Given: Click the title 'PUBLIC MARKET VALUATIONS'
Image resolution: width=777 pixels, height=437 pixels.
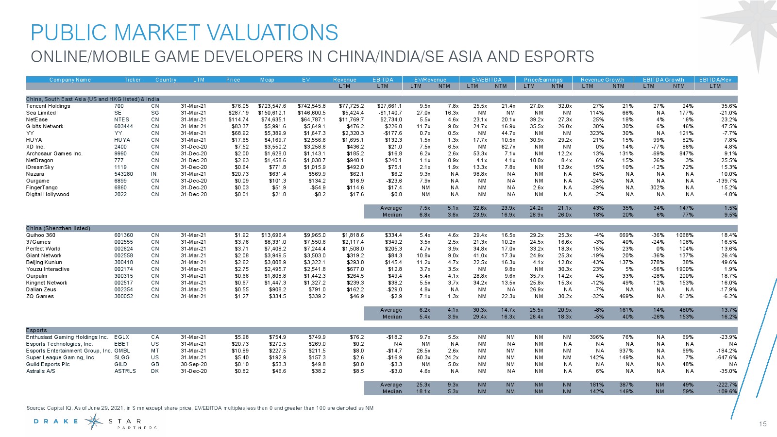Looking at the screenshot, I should coord(184,33).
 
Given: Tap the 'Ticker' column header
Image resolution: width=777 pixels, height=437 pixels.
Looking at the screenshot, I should coord(133,80).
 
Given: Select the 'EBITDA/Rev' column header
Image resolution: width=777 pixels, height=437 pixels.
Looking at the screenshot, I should coord(715,80).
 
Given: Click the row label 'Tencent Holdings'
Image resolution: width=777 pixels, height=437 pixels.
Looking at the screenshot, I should coord(48,106).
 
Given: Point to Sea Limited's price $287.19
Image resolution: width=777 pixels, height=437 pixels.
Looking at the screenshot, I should coord(238,113).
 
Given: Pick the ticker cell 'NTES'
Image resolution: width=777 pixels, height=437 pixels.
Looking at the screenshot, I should coord(121,119).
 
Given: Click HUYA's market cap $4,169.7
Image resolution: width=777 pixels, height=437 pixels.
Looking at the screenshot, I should coord(275,140).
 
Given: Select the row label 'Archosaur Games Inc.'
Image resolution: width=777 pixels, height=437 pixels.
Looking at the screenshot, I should coord(54,153).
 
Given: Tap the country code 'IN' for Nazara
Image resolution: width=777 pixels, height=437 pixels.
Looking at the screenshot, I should coord(154,174).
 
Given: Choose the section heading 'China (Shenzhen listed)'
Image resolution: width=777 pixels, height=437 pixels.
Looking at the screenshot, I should coord(58,228).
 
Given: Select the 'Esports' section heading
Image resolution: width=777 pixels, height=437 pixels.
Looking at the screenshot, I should coord(36,330).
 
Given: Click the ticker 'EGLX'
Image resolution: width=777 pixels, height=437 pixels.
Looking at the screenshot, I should coord(121,337).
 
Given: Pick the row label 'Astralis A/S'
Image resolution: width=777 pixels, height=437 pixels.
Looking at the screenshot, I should coord(40,371).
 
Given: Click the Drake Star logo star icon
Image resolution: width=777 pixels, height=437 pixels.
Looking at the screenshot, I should coord(93,421).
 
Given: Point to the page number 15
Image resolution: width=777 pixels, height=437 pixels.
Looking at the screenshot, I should coord(762,424).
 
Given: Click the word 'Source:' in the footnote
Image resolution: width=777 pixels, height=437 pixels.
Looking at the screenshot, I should coord(35,408).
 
